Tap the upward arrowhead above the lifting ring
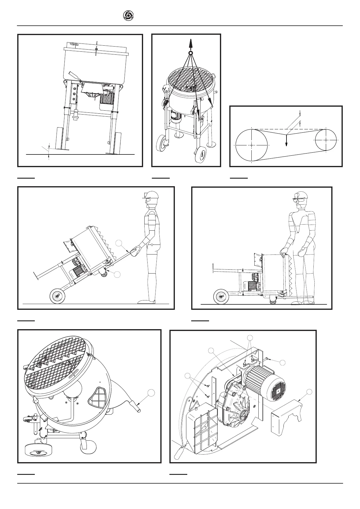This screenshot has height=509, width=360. (190, 42)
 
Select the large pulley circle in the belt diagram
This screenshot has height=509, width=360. (252, 145)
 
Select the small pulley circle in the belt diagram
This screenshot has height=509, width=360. (326, 140)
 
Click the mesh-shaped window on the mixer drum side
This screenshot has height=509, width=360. (97, 397)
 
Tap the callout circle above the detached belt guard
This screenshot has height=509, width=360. (309, 392)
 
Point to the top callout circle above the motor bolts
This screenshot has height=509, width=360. (250, 337)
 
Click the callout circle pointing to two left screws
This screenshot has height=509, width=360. (188, 376)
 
